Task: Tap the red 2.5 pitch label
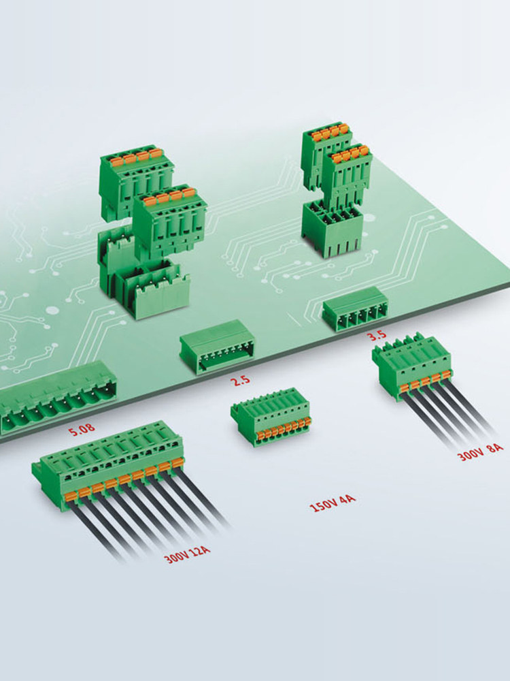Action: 240,381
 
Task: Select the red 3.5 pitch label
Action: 377,335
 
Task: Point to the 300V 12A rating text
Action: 188,554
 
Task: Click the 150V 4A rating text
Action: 333,503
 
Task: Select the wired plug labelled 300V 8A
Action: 412,367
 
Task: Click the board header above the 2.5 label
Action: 218,347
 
